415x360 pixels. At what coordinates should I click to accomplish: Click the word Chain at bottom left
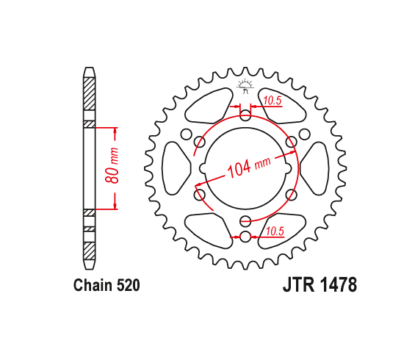93,285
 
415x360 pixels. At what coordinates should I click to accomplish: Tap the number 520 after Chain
128,285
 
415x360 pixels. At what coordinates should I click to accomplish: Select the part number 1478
339,285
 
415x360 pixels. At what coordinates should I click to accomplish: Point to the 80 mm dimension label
112,165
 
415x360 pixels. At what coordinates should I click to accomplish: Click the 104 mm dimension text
249,168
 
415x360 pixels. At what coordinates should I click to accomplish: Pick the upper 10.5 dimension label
272,101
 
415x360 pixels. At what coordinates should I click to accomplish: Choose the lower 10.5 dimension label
275,231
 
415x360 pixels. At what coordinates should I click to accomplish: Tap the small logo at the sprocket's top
245,86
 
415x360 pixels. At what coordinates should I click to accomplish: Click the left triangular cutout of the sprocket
176,168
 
